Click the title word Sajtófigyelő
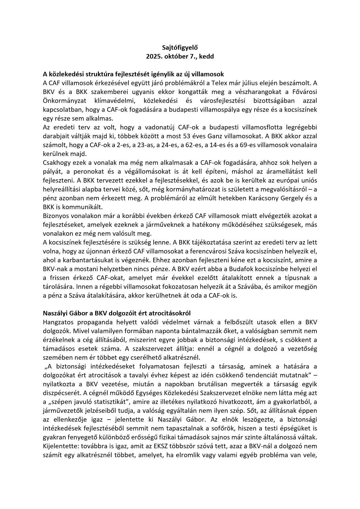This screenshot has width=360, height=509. pos(180,47)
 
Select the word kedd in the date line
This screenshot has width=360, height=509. pos(207,57)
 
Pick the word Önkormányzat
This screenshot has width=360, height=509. pos(62,101)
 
